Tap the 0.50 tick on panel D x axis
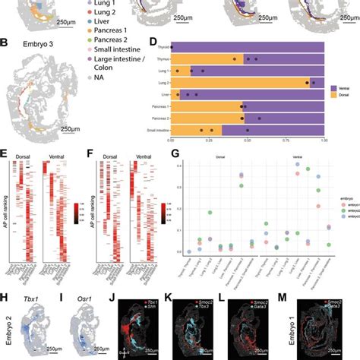[247, 141]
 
